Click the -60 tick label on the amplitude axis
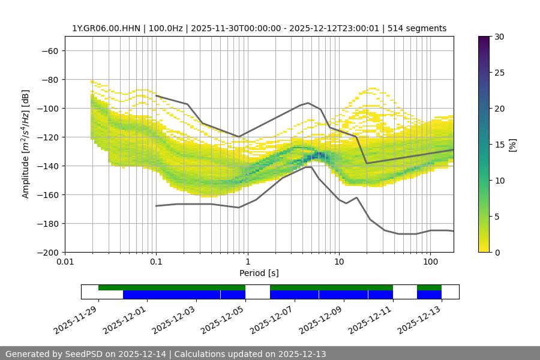tap(49, 50)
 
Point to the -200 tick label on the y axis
tap(47, 252)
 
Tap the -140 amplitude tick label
tap(47, 166)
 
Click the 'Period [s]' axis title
tap(259, 274)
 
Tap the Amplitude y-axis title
tap(26, 144)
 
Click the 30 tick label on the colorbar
tap(499, 37)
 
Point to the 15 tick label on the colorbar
tap(499, 145)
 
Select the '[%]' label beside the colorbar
tap(512, 145)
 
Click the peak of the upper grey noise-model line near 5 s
tap(308, 103)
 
